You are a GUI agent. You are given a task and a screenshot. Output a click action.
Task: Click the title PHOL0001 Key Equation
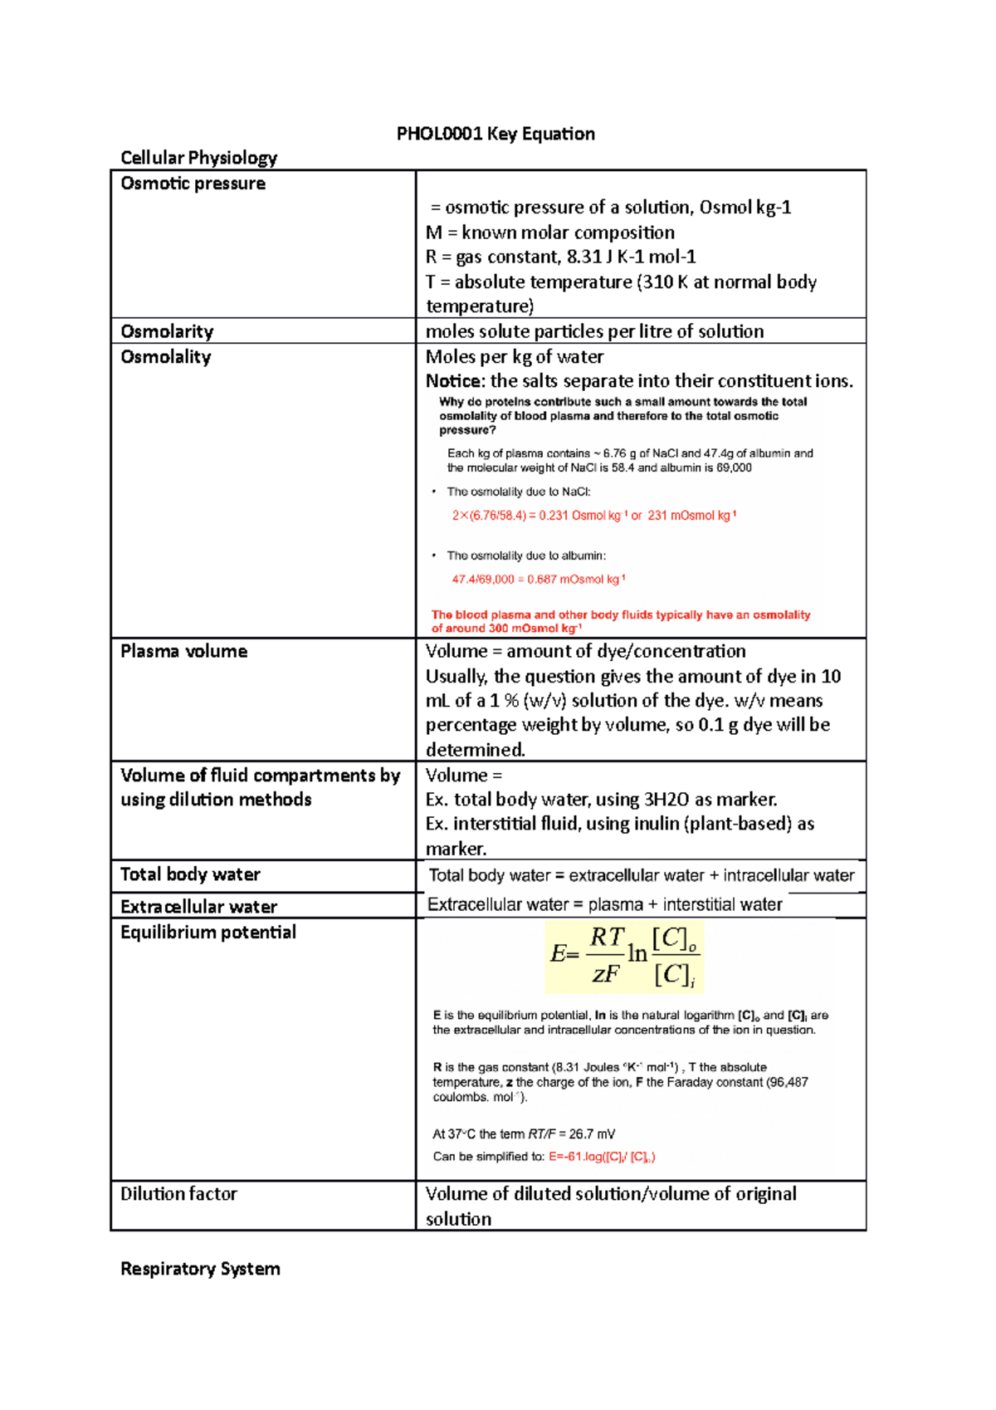coord(496,134)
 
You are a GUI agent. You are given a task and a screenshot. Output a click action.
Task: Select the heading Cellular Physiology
coord(198,158)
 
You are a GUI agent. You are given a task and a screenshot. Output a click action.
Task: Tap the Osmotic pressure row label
coord(193,184)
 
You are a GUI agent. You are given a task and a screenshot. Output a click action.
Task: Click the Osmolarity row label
coord(167,331)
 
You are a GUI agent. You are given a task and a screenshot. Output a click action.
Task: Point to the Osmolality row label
coord(165,357)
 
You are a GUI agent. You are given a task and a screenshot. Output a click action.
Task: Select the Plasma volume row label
coord(183,651)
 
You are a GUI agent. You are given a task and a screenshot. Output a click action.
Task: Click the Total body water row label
coord(190,874)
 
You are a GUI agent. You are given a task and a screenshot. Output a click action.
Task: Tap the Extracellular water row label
coord(198,907)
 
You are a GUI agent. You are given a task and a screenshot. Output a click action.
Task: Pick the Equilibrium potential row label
coord(207,933)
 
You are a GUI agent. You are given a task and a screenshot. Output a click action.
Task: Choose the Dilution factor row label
coord(178,1194)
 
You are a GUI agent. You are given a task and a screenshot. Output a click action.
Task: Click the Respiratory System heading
coord(200,1269)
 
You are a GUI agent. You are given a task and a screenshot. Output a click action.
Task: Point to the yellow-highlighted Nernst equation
coord(624,956)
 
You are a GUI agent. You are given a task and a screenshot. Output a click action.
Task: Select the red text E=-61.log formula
coord(602,1157)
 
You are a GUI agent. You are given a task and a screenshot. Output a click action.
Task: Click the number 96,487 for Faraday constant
coord(787,1082)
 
